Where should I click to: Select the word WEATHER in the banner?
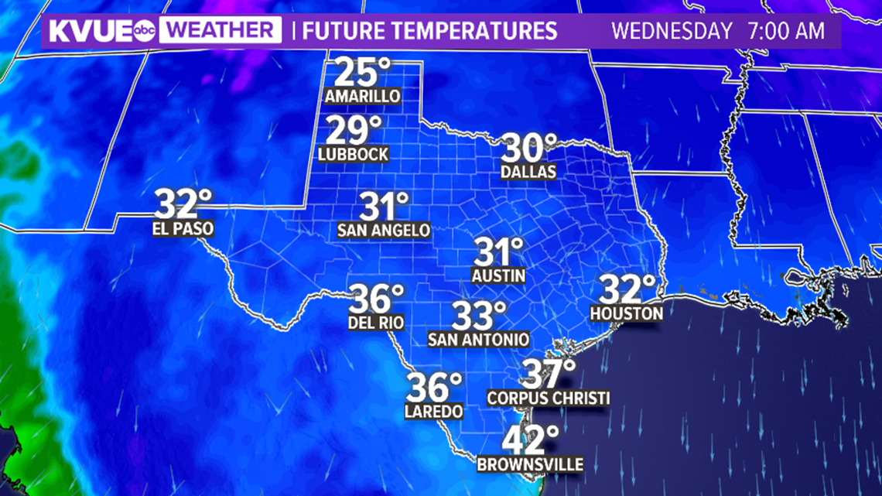[223, 31]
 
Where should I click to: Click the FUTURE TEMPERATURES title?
[430, 31]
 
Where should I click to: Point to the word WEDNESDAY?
[672, 32]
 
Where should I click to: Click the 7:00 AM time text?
[786, 32]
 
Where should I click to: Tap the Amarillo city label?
[363, 97]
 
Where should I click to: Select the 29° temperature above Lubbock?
[354, 130]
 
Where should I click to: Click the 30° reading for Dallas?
[530, 147]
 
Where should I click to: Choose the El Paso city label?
[183, 229]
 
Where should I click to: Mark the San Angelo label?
[384, 230]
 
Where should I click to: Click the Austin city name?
[499, 275]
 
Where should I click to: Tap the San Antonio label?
[479, 339]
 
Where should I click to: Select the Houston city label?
[627, 313]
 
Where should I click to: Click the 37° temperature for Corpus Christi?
[549, 375]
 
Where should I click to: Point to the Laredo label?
[433, 411]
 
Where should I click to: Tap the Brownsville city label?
[530, 464]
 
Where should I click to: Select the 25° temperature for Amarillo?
[362, 74]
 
